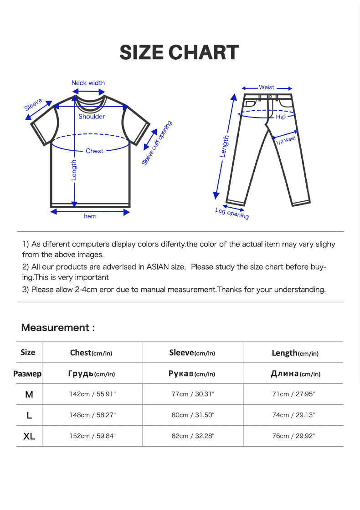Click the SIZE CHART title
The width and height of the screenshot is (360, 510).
pyautogui.click(x=179, y=53)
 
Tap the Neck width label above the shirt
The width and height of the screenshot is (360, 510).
pyautogui.click(x=88, y=83)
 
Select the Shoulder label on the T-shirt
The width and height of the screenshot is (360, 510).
pyautogui.click(x=92, y=117)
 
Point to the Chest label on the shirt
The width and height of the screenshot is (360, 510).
pyautogui.click(x=94, y=151)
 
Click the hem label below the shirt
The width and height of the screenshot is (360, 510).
pyautogui.click(x=90, y=216)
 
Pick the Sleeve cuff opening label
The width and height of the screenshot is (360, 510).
pyautogui.click(x=157, y=143)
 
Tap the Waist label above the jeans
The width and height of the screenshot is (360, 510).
pyautogui.click(x=267, y=87)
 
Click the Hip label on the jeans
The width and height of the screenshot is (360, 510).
pyautogui.click(x=281, y=117)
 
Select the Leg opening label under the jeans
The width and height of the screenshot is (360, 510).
pyautogui.click(x=232, y=213)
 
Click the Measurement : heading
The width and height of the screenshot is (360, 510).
pyautogui.click(x=58, y=327)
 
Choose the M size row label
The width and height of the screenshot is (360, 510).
pyautogui.click(x=29, y=394)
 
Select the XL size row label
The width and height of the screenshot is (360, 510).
pyautogui.click(x=29, y=436)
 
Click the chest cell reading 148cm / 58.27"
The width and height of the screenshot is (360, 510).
pyautogui.click(x=93, y=415)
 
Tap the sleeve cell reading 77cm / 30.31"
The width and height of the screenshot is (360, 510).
pyautogui.click(x=193, y=394)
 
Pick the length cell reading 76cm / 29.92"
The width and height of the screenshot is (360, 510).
pyautogui.click(x=293, y=436)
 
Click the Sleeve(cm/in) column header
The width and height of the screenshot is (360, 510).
pyautogui.click(x=192, y=352)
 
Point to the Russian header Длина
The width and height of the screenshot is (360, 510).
pyautogui.click(x=285, y=374)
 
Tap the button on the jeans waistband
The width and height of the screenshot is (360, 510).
pyautogui.click(x=270, y=97)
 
